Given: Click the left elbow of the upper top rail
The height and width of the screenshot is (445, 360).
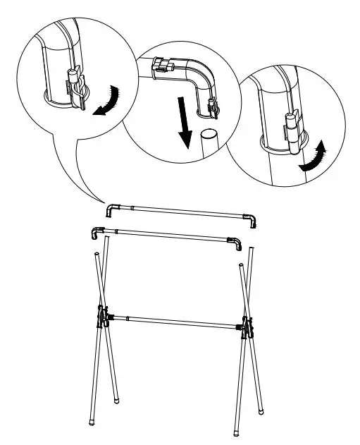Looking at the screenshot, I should click(111, 209).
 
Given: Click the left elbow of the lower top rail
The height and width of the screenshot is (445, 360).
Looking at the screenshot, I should click(96, 232).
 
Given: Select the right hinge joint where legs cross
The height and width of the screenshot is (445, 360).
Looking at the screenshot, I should click(246, 326).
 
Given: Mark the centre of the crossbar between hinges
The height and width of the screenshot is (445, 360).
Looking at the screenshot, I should click(173, 322).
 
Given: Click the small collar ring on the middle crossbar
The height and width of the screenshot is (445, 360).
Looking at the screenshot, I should click(127, 318).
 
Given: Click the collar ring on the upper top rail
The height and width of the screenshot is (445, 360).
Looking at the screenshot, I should click(132, 208).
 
